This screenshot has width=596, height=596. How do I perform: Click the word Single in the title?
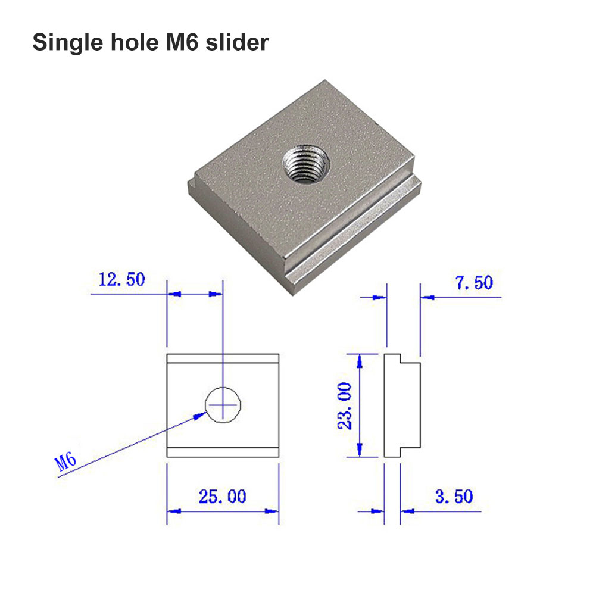click(68, 43)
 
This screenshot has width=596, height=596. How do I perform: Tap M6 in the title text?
click(182, 42)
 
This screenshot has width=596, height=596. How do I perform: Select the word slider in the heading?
click(237, 42)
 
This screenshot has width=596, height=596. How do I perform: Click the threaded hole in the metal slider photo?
click(305, 164)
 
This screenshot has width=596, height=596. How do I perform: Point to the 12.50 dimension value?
click(121, 279)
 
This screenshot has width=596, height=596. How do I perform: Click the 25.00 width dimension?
click(222, 497)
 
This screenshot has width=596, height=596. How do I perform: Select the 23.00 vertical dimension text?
click(345, 406)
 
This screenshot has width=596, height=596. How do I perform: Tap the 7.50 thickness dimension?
click(474, 282)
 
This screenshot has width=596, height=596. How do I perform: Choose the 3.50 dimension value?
click(454, 497)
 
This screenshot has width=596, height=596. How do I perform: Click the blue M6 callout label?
click(65, 461)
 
